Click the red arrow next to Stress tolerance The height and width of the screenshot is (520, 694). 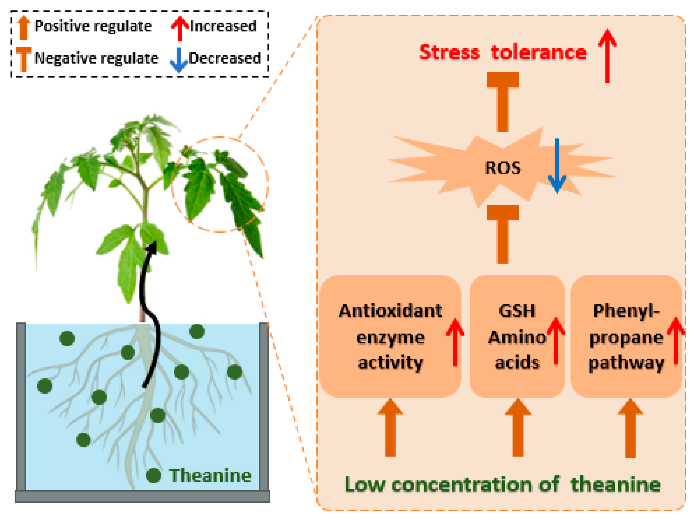tap(607, 57)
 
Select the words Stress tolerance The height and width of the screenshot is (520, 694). tap(503, 52)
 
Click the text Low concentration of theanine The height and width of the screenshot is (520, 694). tap(503, 484)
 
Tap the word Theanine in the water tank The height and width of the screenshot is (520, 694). tap(210, 476)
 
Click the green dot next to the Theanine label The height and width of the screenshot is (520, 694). tap(154, 475)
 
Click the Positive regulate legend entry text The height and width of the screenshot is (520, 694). tap(93, 26)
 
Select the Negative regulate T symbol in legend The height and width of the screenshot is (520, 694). tap(24, 59)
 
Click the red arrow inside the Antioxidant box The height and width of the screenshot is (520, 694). tap(455, 342)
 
